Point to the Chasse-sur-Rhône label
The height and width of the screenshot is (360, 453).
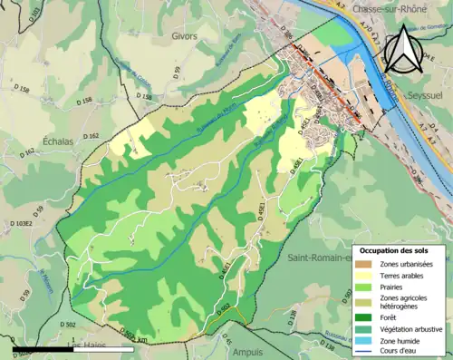tap(392, 8)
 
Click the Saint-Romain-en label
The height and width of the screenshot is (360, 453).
tap(317, 258)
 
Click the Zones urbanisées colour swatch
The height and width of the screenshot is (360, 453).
tap(366, 263)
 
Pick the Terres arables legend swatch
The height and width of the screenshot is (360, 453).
tap(366, 275)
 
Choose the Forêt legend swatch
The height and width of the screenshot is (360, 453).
tap(366, 317)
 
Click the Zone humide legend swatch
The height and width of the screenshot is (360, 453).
tap(366, 341)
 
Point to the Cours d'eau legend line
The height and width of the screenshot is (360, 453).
tap(366, 352)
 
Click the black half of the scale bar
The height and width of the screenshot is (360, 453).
tap(42, 347)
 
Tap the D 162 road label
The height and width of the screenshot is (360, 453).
tap(92, 136)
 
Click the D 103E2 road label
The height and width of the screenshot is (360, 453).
tap(21, 223)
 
